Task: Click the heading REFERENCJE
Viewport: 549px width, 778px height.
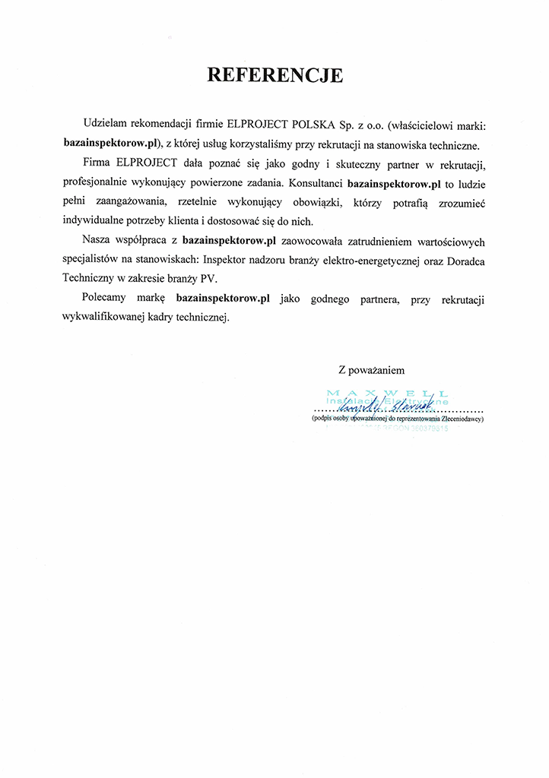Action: coord(275,75)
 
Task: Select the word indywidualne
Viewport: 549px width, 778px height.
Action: coord(92,221)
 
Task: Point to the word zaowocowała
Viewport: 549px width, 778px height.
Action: coord(313,242)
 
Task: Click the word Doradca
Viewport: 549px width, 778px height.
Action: coord(465,261)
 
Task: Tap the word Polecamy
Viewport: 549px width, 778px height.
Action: coord(108,299)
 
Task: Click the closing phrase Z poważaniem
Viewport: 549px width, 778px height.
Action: coord(371,370)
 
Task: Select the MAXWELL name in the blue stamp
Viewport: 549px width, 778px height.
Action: coord(386,393)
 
